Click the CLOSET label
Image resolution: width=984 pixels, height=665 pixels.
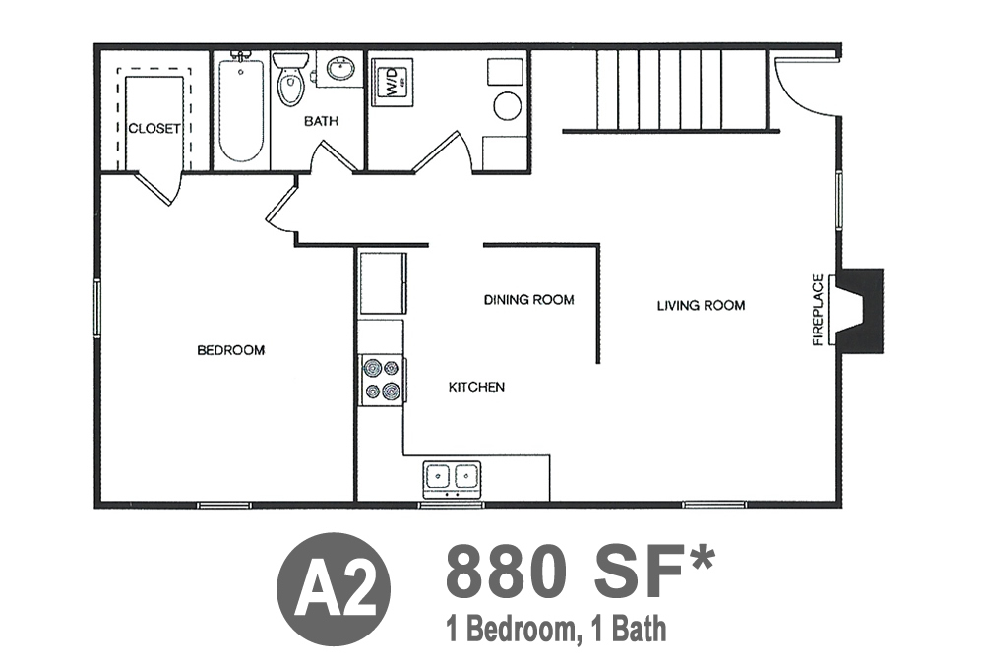[x=154, y=129]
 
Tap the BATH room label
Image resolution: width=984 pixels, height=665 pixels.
[x=322, y=120]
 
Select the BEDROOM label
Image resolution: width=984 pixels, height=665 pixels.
[x=231, y=350]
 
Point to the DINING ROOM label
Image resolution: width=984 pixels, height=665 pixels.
[x=529, y=300]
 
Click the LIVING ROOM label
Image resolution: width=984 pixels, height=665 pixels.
[x=701, y=306]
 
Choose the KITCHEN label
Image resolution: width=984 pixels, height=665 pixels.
[x=476, y=387]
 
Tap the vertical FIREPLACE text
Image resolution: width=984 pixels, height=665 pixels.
[x=817, y=310]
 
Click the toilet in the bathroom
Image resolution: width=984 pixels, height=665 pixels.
[x=290, y=79]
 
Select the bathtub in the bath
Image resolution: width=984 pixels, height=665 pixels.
[x=241, y=110]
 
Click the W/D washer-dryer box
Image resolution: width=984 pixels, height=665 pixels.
[x=392, y=82]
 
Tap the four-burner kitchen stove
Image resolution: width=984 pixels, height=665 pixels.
[x=382, y=380]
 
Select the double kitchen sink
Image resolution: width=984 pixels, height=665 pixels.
[x=452, y=476]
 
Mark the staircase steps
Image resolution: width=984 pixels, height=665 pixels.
[x=680, y=91]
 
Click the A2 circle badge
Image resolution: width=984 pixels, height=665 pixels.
[x=334, y=590]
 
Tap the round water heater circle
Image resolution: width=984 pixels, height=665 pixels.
[x=507, y=106]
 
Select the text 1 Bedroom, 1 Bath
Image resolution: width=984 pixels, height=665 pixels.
[x=555, y=629]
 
